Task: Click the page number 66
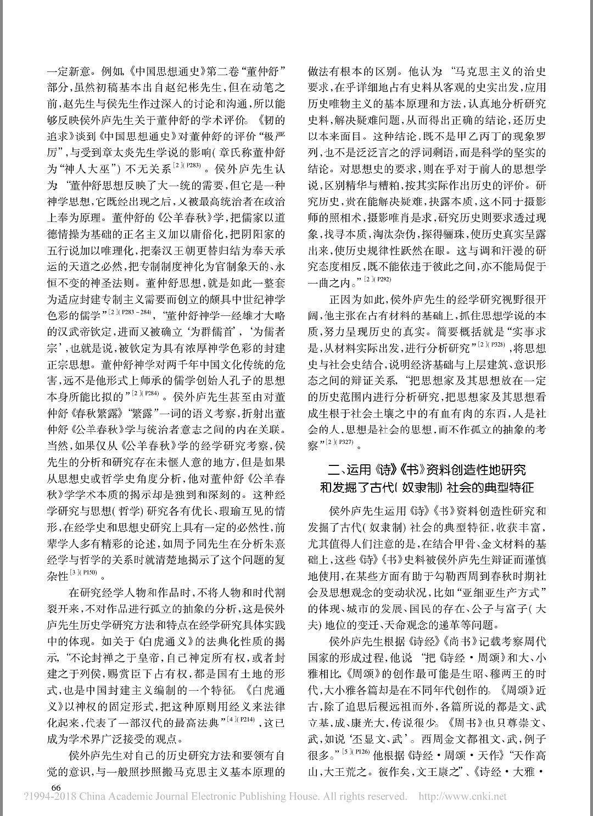click(x=55, y=787)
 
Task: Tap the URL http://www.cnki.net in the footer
click(x=463, y=796)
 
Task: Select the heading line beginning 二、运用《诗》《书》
click(x=426, y=470)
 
